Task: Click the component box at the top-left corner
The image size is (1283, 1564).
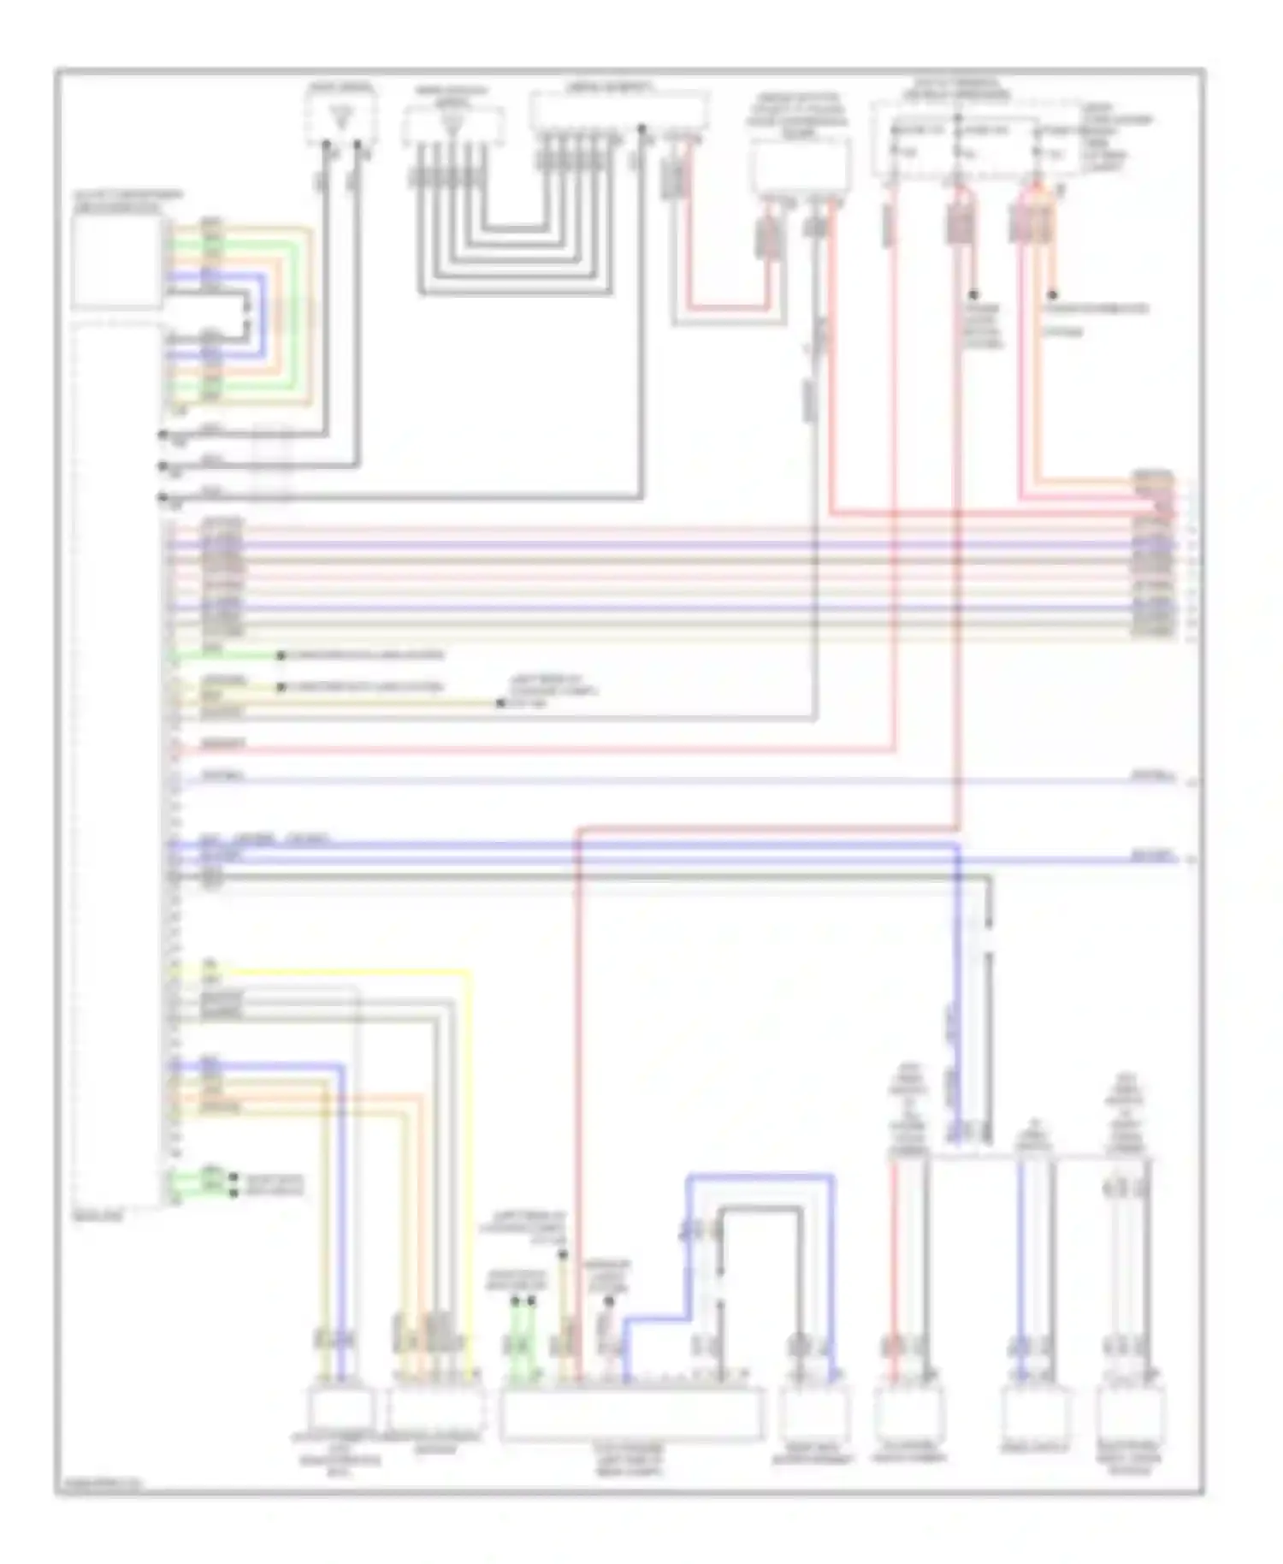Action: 116,260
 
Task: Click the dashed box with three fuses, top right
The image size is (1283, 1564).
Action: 975,141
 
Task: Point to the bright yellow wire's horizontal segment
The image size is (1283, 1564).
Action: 342,972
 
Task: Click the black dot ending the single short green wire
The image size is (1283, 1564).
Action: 281,656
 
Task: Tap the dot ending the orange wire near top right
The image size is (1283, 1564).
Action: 1053,295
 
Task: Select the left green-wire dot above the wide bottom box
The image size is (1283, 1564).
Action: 515,1301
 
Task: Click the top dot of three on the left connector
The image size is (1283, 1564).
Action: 162,435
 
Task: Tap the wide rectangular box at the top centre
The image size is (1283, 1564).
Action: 619,111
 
